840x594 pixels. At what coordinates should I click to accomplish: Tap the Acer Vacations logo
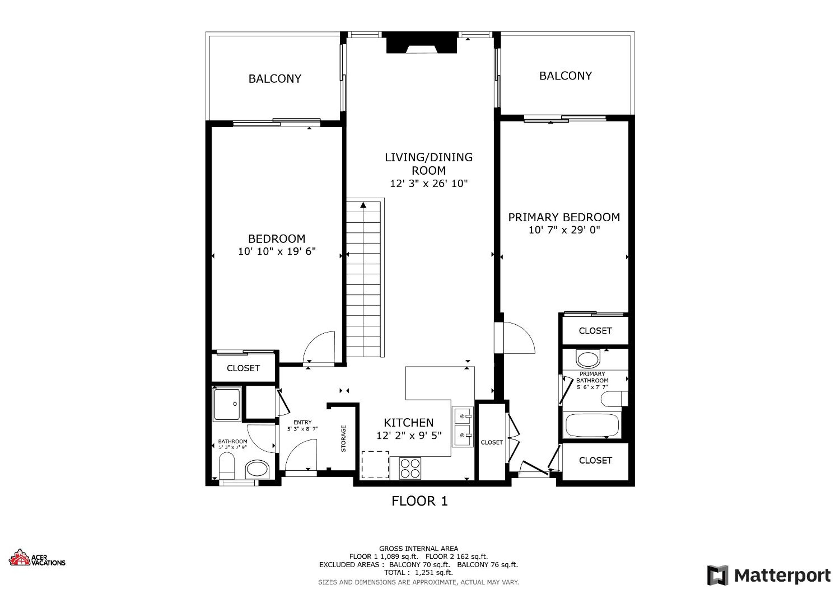click(37, 558)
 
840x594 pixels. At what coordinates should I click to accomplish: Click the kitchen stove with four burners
click(410, 468)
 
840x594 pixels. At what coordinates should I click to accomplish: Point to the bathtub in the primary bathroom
click(592, 425)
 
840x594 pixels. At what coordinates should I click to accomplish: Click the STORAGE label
click(344, 438)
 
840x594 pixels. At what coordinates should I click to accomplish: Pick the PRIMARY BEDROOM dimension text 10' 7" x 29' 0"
click(564, 230)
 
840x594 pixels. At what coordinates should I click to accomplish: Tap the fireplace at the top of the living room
click(422, 42)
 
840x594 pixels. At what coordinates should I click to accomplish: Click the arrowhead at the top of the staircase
click(363, 205)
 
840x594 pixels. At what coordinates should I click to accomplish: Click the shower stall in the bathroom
click(227, 404)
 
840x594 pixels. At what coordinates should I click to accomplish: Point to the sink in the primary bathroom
click(588, 359)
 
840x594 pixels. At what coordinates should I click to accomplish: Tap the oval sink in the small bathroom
click(257, 470)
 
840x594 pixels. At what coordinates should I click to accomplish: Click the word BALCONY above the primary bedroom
click(565, 76)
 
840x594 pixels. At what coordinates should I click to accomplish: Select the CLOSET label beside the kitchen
click(492, 442)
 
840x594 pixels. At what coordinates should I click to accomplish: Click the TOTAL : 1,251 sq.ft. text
click(418, 573)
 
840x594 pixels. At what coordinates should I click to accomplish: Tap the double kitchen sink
click(463, 427)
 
